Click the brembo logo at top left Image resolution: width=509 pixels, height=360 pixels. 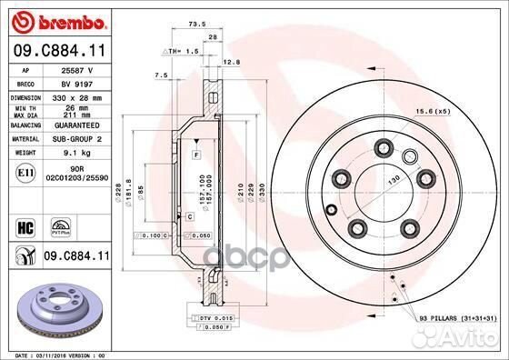(x=55, y=19)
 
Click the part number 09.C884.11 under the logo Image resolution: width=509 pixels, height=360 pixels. (x=56, y=51)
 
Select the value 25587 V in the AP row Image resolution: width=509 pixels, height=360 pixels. (x=73, y=69)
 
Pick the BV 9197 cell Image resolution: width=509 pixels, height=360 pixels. (x=73, y=82)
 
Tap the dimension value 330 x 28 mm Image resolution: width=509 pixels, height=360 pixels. (x=73, y=95)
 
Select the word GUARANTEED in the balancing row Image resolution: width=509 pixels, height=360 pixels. (x=73, y=125)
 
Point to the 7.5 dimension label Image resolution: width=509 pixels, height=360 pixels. (x=161, y=75)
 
